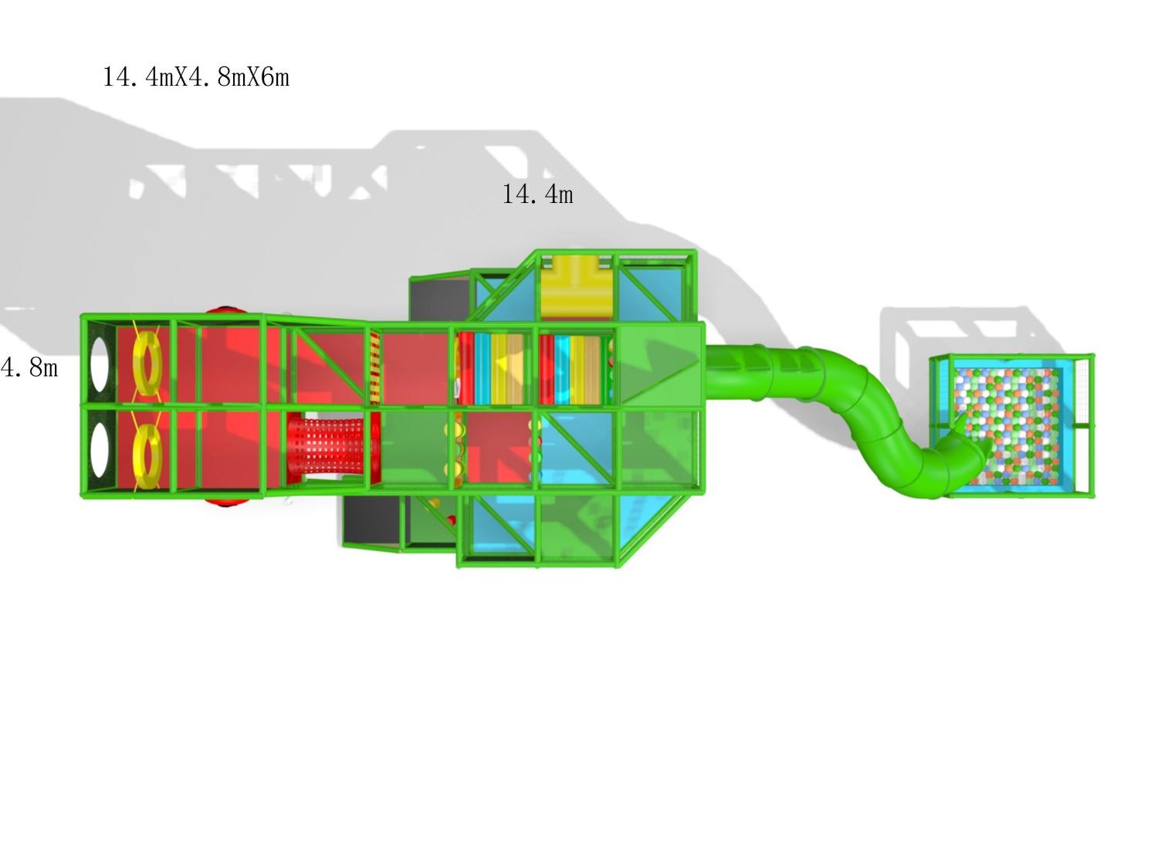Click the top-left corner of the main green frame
pyautogui.click(x=83, y=316)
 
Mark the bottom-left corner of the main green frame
pyautogui.click(x=83, y=496)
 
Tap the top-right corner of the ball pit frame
pyautogui.click(x=1093, y=356)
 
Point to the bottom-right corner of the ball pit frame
pyautogui.click(x=1093, y=496)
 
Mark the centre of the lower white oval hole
pyautogui.click(x=100, y=450)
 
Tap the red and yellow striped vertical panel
pyautogui.click(x=374, y=367)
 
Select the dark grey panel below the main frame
pyautogui.click(x=372, y=520)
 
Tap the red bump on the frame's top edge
pyautogui.click(x=228, y=310)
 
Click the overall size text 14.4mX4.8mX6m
pyautogui.click(x=196, y=77)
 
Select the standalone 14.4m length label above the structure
pyautogui.click(x=537, y=194)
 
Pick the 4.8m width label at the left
pyautogui.click(x=29, y=367)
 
